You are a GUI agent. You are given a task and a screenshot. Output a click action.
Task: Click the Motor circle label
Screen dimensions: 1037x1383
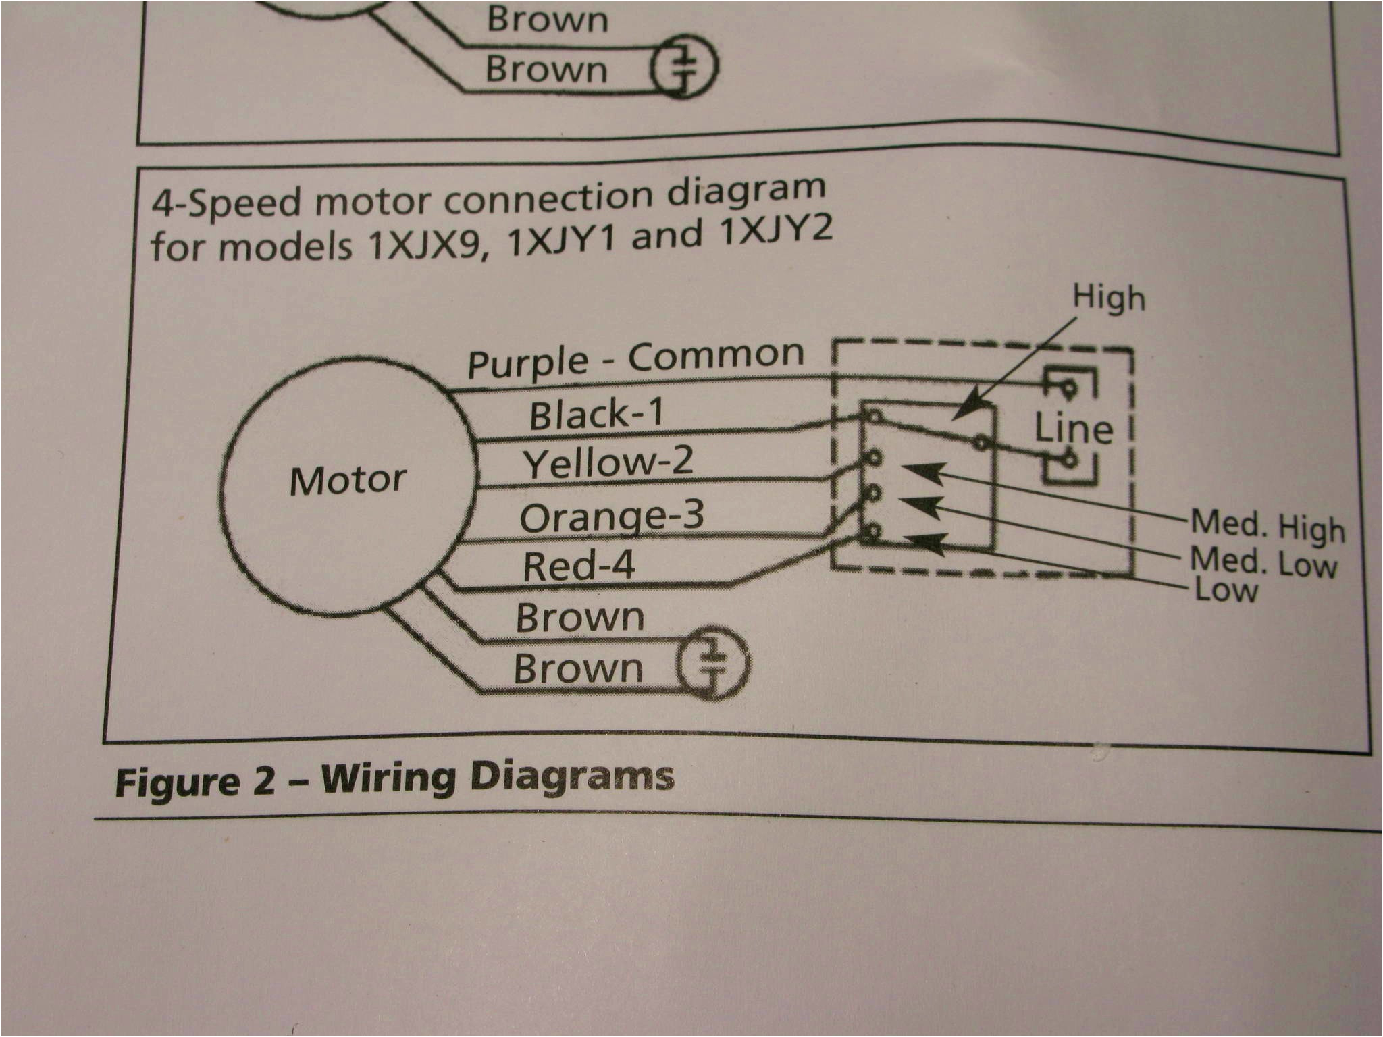348,481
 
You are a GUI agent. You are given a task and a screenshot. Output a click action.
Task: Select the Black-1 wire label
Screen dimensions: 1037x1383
596,414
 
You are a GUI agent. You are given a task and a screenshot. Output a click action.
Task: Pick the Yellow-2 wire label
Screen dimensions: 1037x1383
608,462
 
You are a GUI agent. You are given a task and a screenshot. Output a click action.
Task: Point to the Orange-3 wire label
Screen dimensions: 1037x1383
611,517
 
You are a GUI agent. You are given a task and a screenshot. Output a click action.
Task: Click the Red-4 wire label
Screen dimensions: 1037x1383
578,566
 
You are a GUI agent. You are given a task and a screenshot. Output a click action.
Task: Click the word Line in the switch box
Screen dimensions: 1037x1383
1073,429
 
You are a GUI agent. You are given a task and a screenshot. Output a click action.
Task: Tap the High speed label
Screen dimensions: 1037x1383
1109,298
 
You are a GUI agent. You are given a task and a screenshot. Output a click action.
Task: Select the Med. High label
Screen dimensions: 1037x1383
1267,527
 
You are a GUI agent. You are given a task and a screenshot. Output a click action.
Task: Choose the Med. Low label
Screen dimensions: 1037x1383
1263,562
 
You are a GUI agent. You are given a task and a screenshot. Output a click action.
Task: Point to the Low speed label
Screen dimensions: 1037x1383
1226,590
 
